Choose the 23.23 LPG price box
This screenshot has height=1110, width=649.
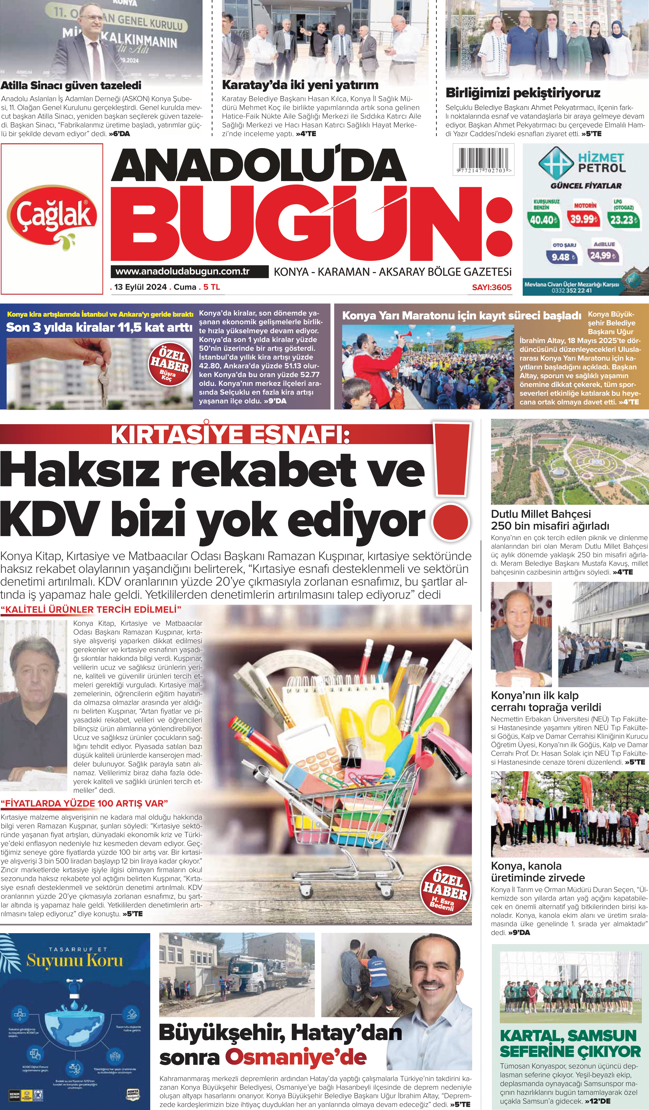[x=623, y=219]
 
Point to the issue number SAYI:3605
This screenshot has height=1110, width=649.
[x=491, y=287]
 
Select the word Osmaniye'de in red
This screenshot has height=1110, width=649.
[x=296, y=1057]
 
